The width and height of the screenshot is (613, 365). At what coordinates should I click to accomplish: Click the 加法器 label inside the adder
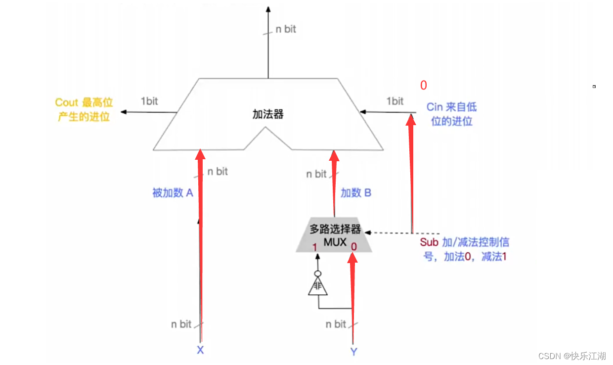[x=268, y=114]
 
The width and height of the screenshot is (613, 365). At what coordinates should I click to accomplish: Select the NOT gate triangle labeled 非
[x=317, y=287]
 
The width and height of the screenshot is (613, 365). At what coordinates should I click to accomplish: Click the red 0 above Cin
[x=423, y=86]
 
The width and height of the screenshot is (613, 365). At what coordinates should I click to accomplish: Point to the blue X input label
[x=200, y=350]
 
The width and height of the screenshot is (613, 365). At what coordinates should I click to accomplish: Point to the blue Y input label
[x=353, y=351]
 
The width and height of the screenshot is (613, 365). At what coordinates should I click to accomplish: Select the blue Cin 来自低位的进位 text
[x=451, y=114]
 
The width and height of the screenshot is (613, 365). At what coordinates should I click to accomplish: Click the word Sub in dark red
[x=429, y=242]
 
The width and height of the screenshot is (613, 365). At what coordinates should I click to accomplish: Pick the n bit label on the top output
[x=286, y=29]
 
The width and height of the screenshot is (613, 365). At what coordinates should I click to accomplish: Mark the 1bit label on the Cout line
[x=149, y=101]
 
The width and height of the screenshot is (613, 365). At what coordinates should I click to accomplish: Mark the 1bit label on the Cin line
[x=394, y=101]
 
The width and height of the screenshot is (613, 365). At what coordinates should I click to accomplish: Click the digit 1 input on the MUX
[x=314, y=246]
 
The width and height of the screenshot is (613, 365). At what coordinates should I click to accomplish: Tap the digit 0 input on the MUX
[x=353, y=246]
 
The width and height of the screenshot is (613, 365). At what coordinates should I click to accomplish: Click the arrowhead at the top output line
[x=268, y=9]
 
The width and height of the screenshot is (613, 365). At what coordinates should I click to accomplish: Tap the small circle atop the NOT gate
[x=317, y=274]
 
